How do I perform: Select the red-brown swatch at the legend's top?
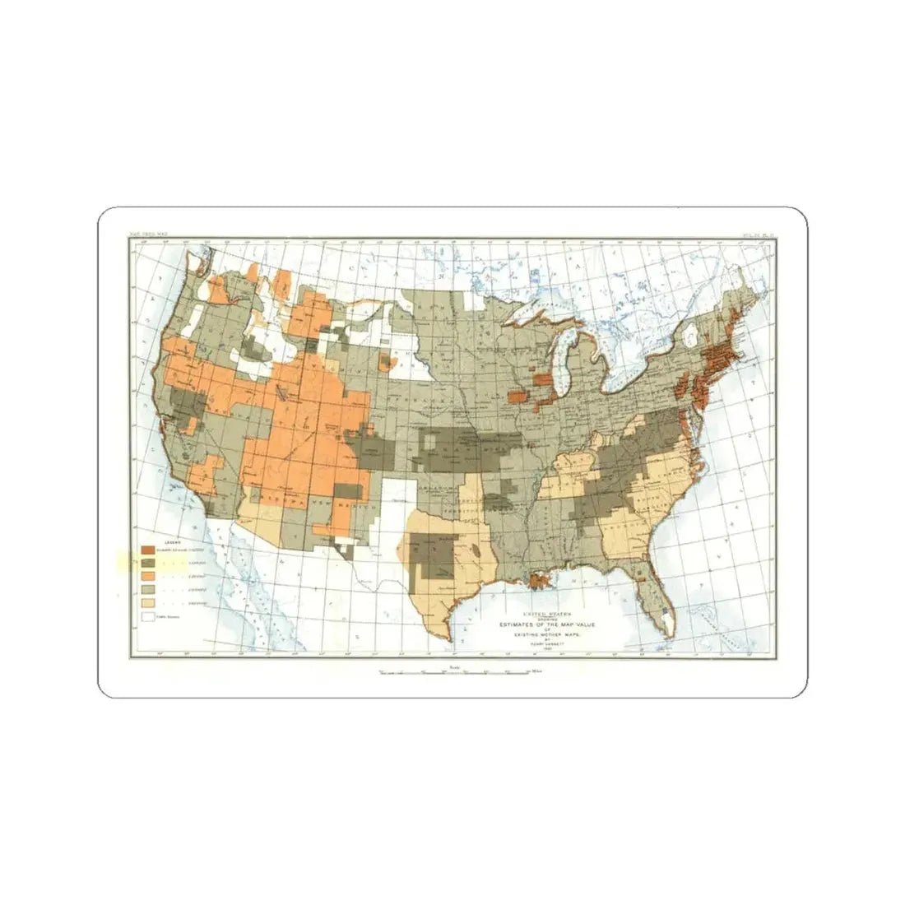(x=148, y=550)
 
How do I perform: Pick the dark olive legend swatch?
(x=148, y=564)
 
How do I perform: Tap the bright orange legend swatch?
(x=148, y=577)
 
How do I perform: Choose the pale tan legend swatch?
(x=148, y=603)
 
